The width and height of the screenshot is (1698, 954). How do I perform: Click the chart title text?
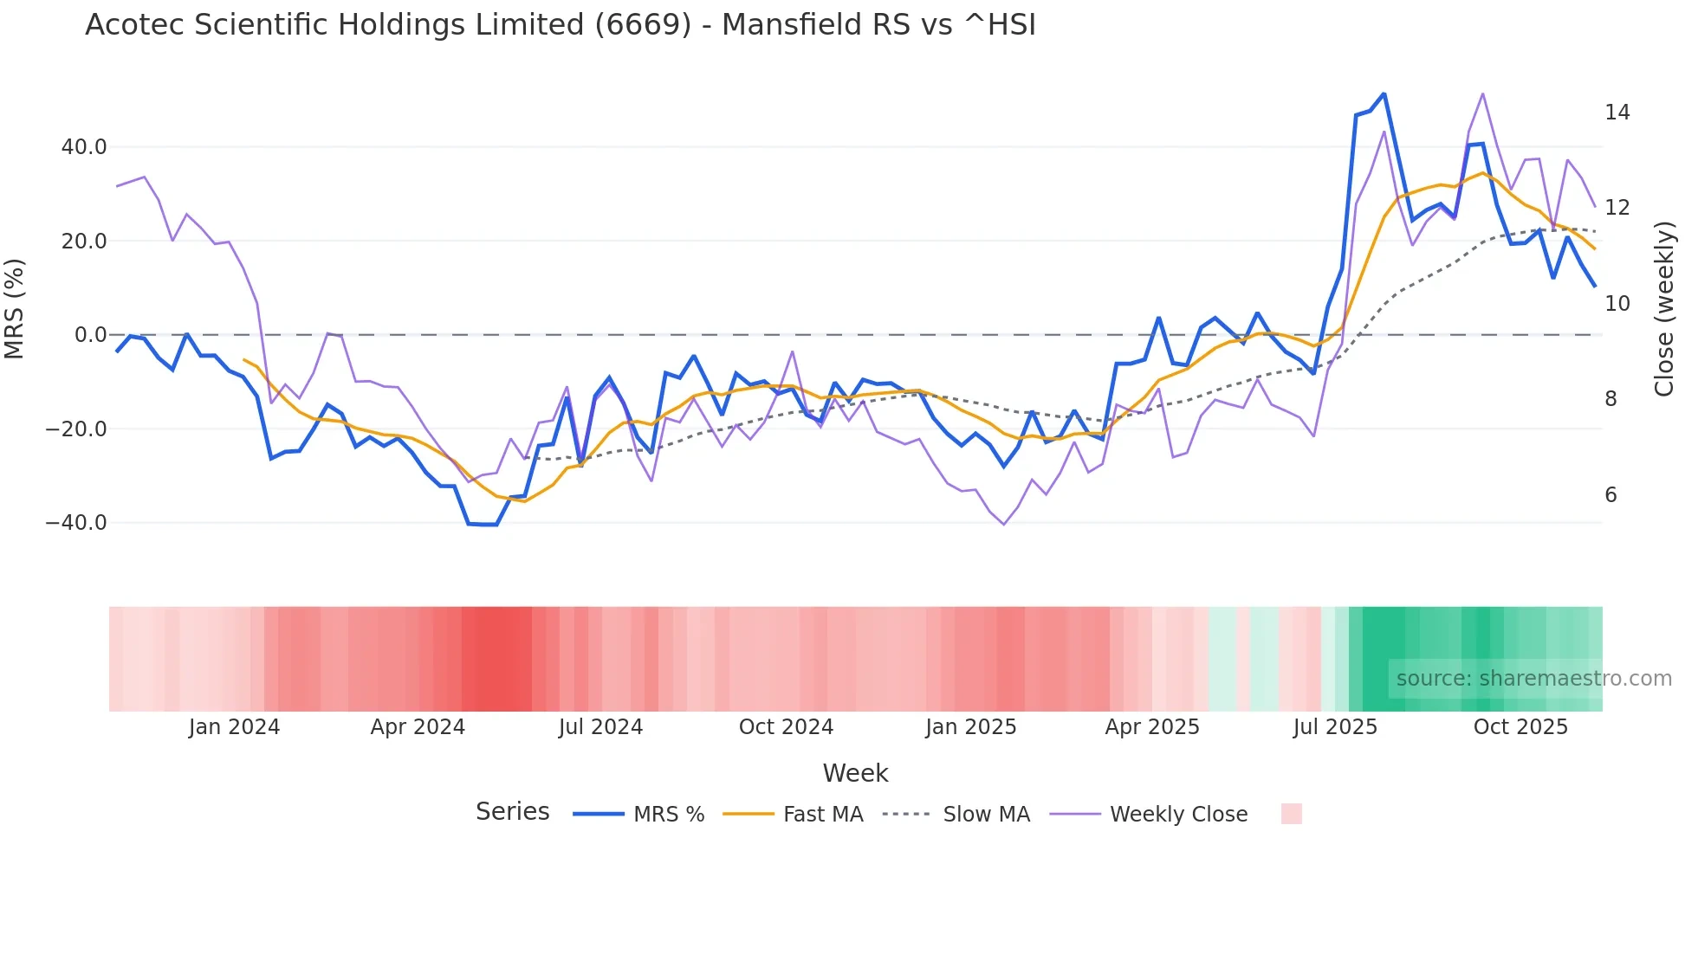pos(560,25)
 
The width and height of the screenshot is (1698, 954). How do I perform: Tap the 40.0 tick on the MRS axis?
pos(84,147)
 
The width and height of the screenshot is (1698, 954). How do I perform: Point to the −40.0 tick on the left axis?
pos(77,523)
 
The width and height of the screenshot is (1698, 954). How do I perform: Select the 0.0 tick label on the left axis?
pos(91,335)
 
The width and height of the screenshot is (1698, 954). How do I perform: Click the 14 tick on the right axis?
pos(1617,113)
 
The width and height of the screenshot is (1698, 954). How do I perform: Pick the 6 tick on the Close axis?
pos(1611,495)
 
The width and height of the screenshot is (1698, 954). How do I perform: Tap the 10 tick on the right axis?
pos(1617,304)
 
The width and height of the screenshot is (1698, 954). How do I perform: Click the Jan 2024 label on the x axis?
pos(234,727)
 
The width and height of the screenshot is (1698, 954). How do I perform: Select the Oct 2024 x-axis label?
pos(786,727)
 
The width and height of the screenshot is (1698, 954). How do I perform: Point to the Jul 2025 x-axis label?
pos(1335,727)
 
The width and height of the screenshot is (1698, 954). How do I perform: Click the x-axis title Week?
pos(855,773)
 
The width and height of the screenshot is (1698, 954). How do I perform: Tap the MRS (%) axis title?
pos(15,309)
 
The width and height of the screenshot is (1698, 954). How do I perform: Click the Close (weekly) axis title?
pos(1664,309)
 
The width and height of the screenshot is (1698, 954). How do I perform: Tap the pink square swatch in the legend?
pos(1291,814)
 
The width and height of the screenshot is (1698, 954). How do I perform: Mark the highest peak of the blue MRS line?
pos(1384,94)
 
